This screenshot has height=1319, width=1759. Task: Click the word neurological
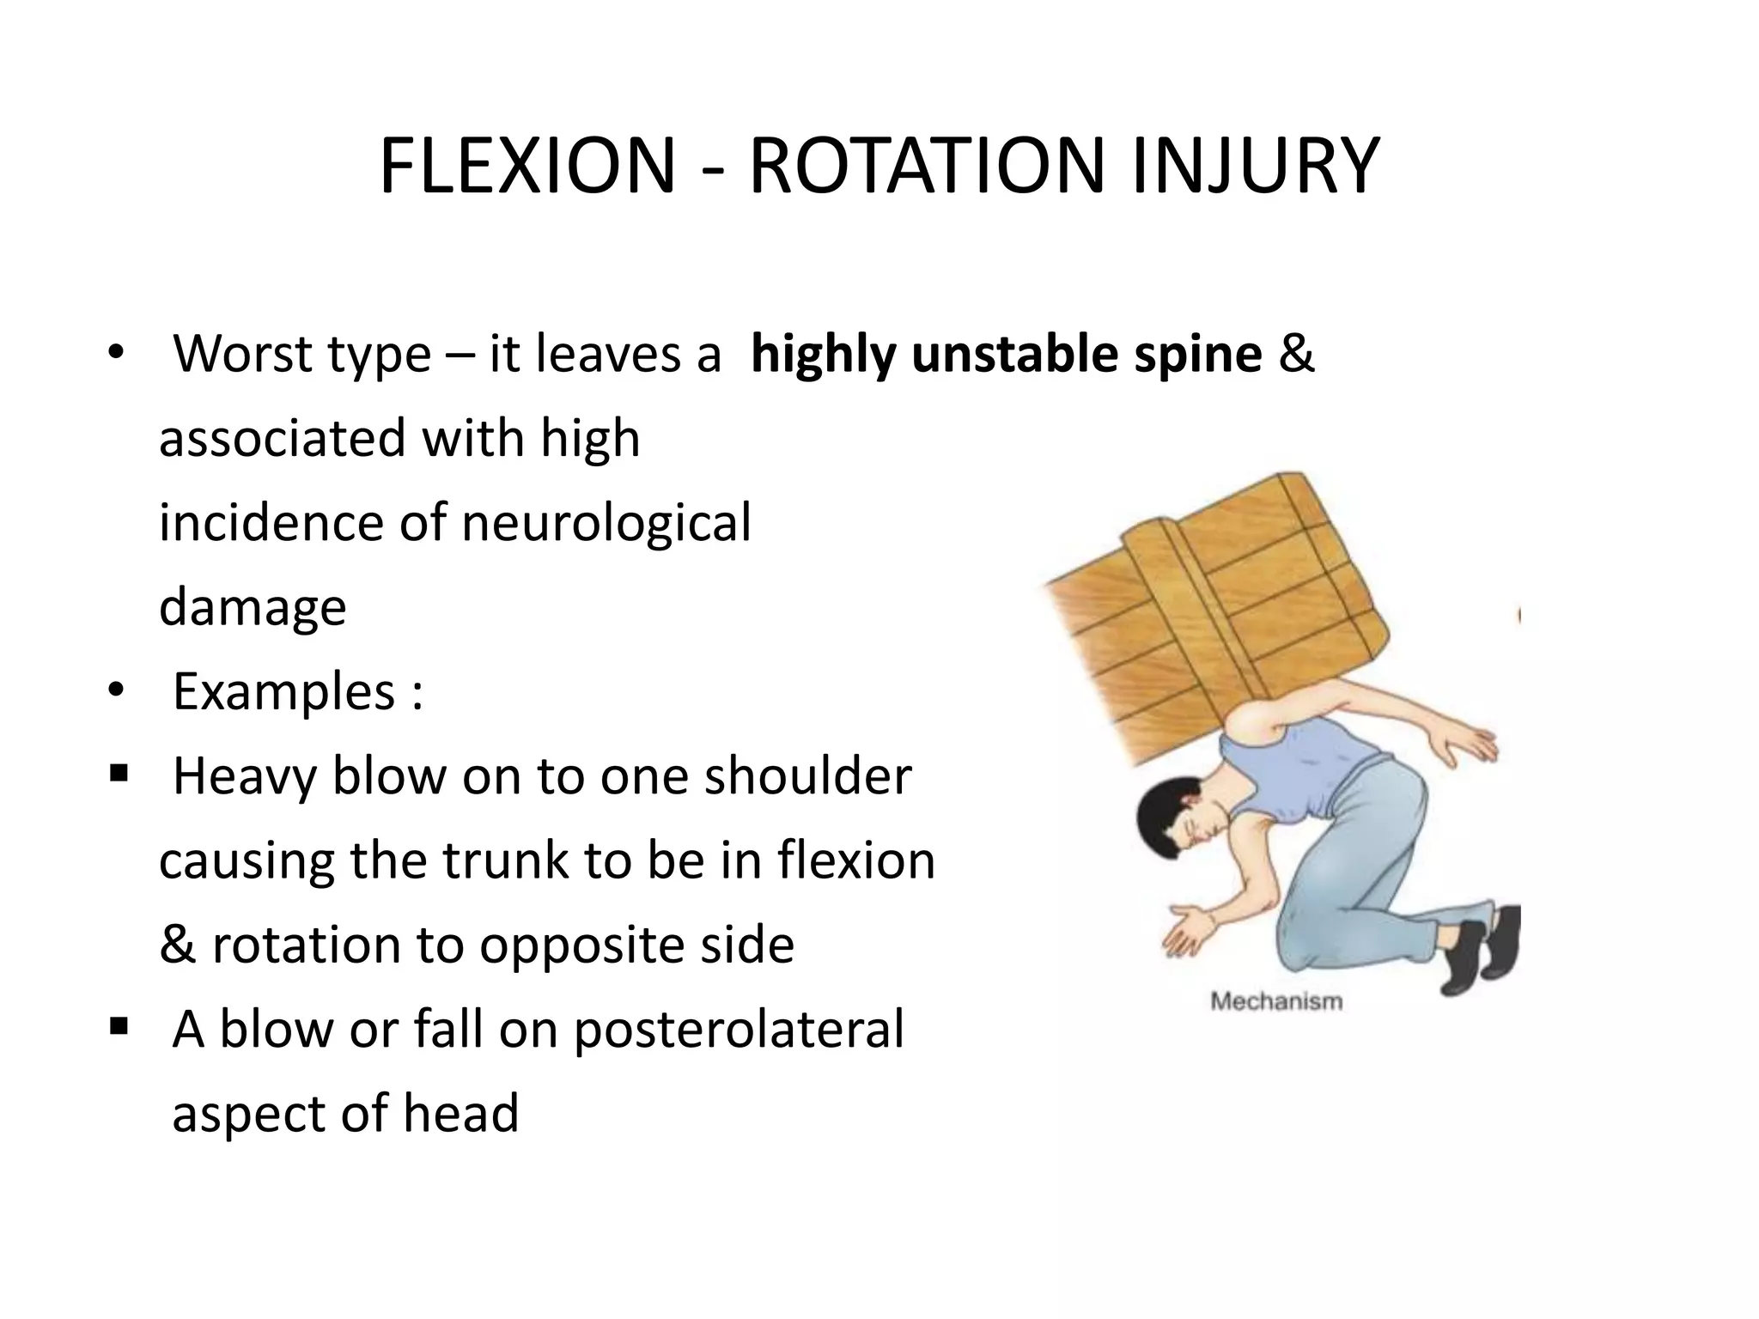606,523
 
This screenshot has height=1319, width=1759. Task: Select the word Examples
283,692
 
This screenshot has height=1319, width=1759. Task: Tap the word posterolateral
739,1030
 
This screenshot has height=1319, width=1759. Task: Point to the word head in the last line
460,1113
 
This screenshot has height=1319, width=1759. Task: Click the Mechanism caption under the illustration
1275,1001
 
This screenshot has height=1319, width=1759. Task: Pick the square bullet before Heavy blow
119,773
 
